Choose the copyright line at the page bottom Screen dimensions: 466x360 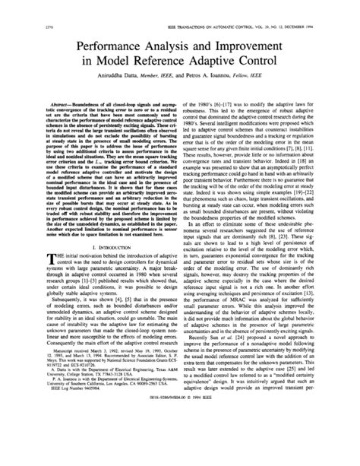[180, 449]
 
